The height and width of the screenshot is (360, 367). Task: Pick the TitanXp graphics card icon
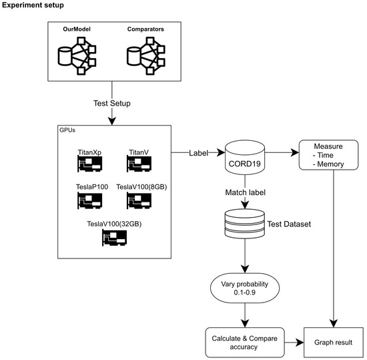(88, 162)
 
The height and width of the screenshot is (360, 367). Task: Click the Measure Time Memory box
(325, 154)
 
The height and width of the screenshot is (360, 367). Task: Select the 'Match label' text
(244, 192)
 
